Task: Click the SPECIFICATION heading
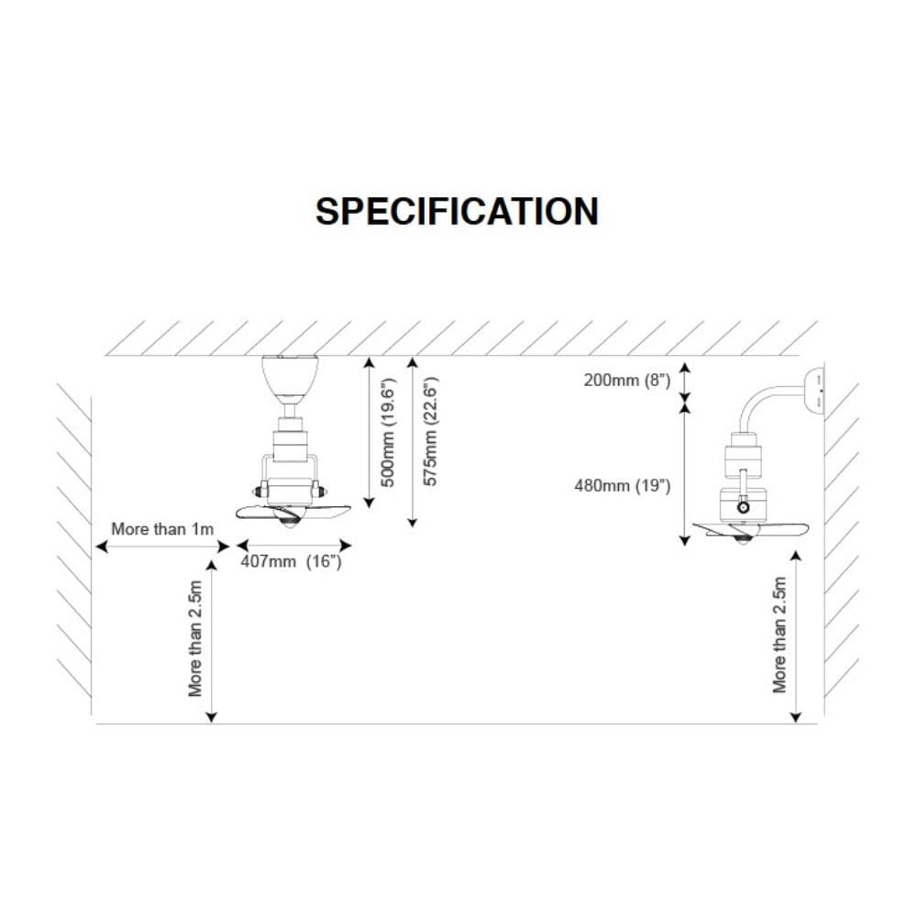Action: pyautogui.click(x=457, y=211)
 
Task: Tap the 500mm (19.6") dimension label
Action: pyautogui.click(x=388, y=432)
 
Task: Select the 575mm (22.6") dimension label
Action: pyautogui.click(x=430, y=431)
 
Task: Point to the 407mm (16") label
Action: pyautogui.click(x=292, y=561)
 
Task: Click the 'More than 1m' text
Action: pyautogui.click(x=162, y=529)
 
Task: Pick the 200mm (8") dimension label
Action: pyautogui.click(x=627, y=381)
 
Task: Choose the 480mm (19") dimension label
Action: pyautogui.click(x=623, y=485)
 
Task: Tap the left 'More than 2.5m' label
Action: pyautogui.click(x=195, y=638)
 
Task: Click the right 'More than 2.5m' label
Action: pyautogui.click(x=779, y=635)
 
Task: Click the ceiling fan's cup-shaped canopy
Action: pyautogui.click(x=290, y=375)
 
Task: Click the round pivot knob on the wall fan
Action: pyautogui.click(x=744, y=507)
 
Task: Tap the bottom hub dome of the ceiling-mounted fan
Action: pyautogui.click(x=290, y=522)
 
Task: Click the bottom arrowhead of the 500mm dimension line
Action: pyautogui.click(x=369, y=503)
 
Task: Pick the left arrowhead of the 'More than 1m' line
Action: pyautogui.click(x=101, y=547)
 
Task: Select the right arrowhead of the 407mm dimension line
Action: pyautogui.click(x=346, y=546)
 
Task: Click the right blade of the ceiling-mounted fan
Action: pyautogui.click(x=326, y=513)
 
